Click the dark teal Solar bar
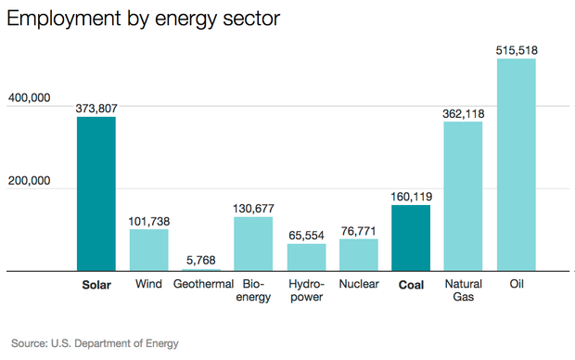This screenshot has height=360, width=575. tap(96, 194)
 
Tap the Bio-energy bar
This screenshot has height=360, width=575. tap(253, 244)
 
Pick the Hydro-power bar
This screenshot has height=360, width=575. tap(306, 258)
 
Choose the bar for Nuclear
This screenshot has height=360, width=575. tap(358, 255)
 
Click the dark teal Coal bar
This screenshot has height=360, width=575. tap(411, 238)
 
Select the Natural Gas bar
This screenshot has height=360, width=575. tap(463, 197)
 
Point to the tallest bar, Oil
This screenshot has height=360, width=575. tap(517, 165)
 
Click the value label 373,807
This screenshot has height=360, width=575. tap(96, 108)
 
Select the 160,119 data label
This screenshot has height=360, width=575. tap(411, 197)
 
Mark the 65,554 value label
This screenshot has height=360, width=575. tap(306, 236)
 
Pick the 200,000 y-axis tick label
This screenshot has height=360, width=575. tap(29, 180)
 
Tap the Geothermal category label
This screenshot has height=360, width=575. tap(202, 285)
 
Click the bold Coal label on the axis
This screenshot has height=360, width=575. tap(411, 285)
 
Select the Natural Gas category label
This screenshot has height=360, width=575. tap(463, 291)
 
